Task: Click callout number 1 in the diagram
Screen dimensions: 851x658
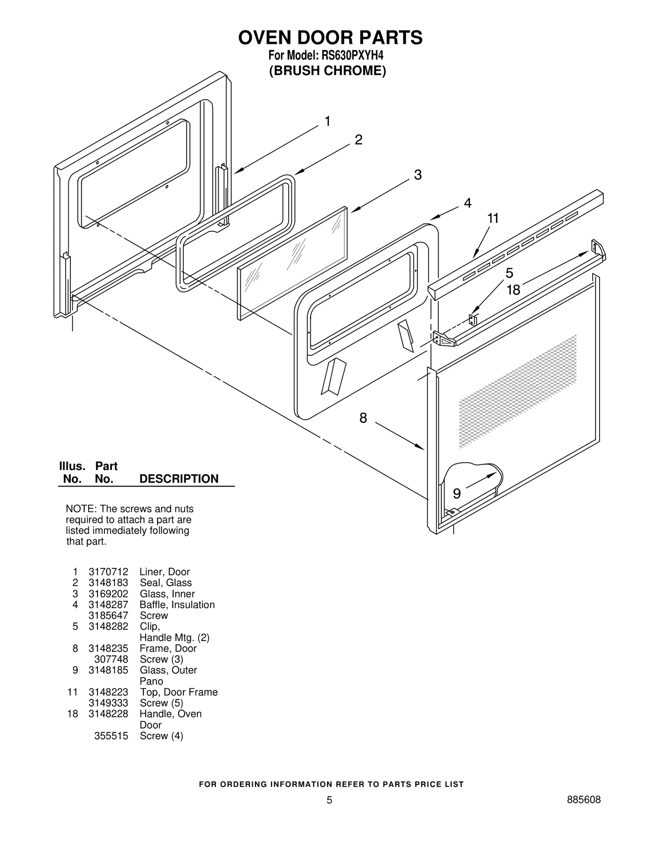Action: tap(327, 121)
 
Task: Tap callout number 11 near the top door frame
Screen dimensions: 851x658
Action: tap(493, 218)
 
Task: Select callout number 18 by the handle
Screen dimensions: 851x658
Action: tap(513, 290)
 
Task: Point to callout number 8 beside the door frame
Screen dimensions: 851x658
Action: tap(363, 418)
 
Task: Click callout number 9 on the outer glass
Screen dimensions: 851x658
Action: tap(456, 494)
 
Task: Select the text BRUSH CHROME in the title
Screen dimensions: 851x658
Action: tap(328, 71)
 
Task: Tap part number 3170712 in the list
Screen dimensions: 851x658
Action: tap(108, 572)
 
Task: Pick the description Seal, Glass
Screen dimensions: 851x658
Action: tap(166, 583)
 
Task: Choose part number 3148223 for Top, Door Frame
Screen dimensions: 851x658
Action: tap(108, 692)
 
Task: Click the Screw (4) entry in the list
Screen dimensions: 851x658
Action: tap(161, 736)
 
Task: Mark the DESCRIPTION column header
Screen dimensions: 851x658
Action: tap(179, 479)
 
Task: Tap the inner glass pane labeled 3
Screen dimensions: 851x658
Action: tap(292, 263)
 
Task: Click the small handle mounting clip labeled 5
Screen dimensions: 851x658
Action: tap(473, 320)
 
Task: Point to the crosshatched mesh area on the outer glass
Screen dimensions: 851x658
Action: tap(518, 390)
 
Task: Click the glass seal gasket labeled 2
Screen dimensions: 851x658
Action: tap(236, 232)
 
